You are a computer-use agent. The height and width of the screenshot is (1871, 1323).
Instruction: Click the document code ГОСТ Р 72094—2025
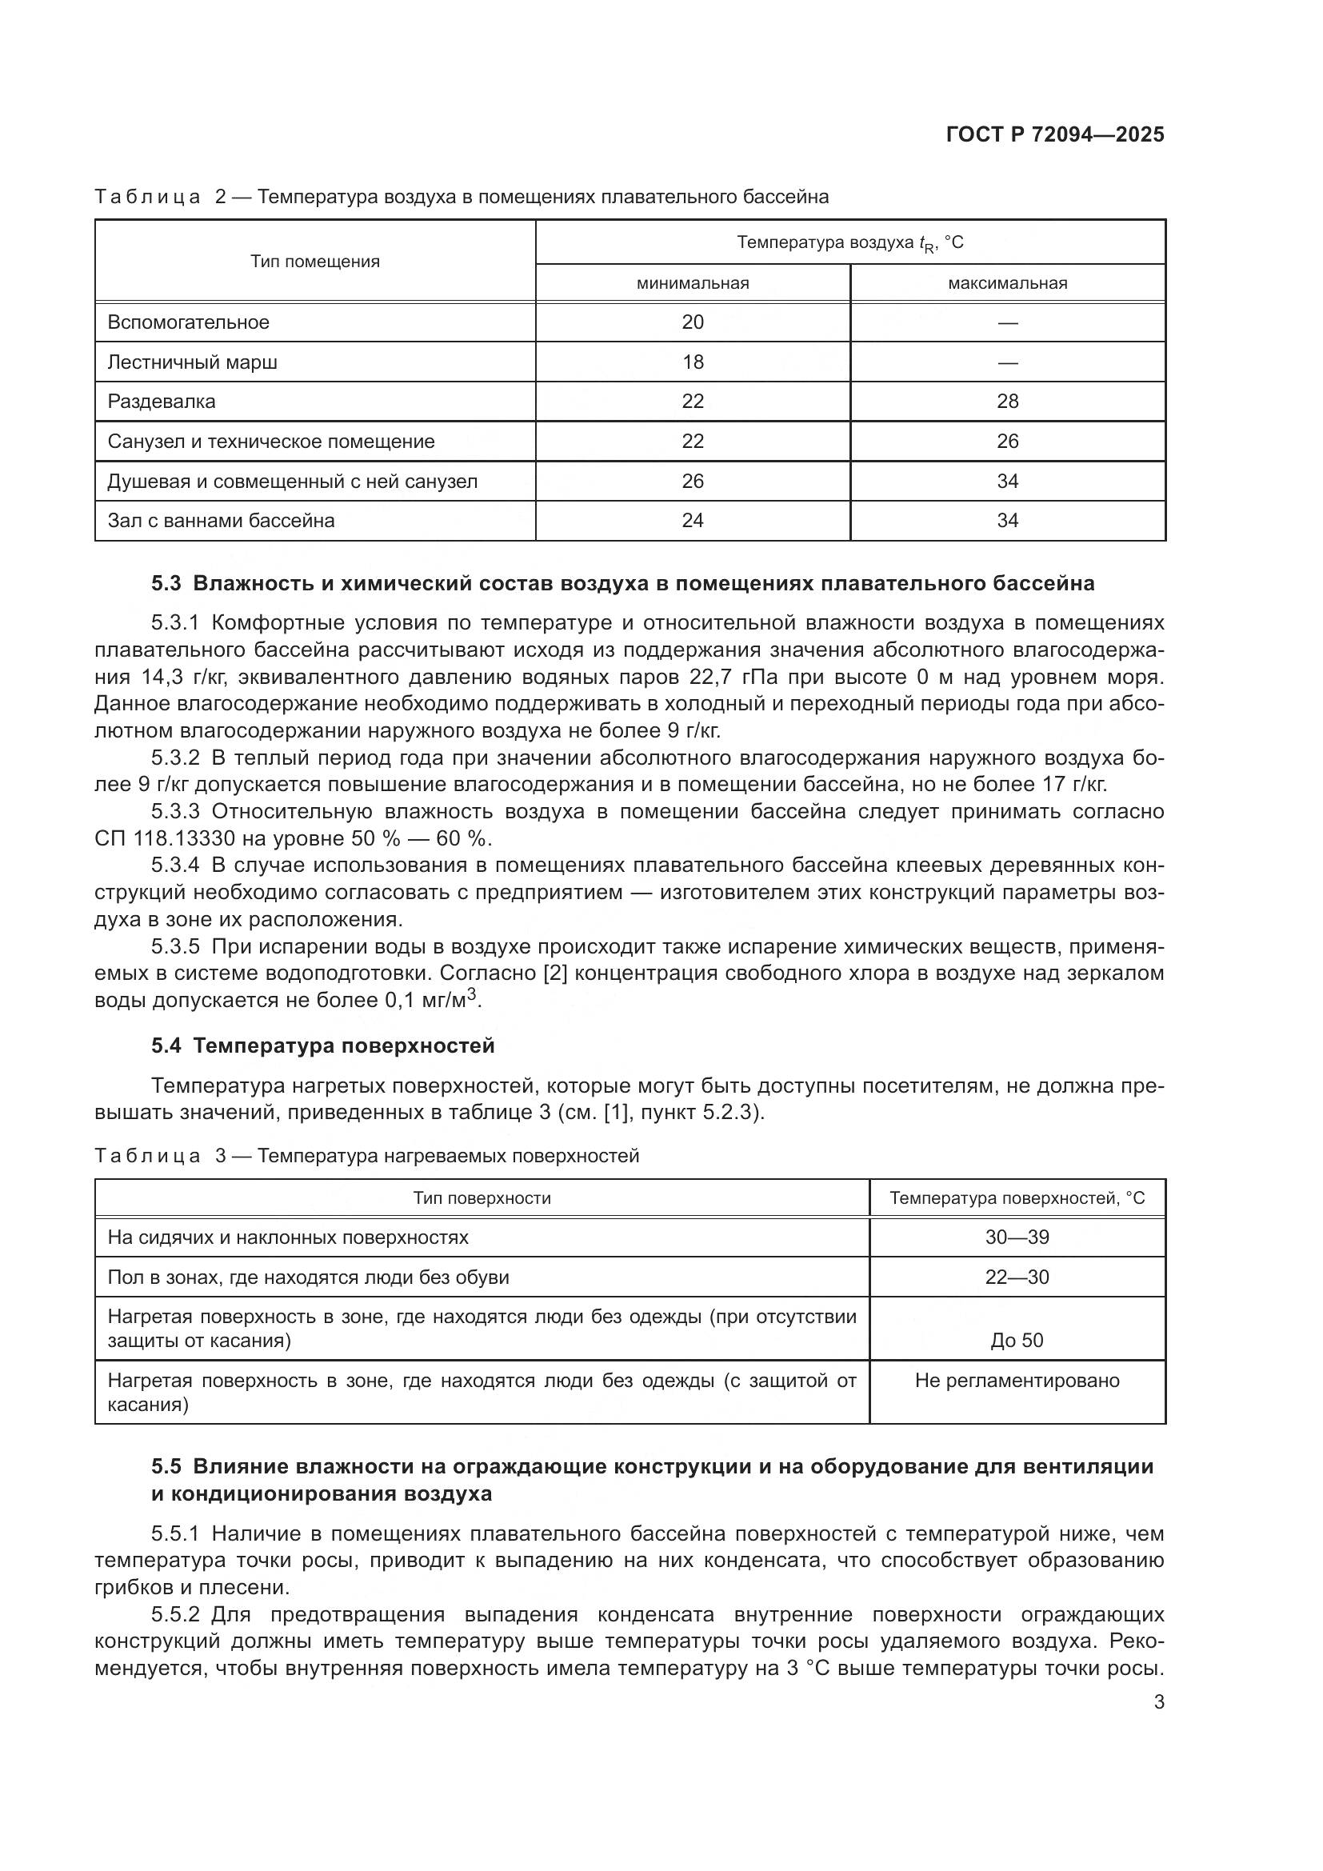tap(1055, 134)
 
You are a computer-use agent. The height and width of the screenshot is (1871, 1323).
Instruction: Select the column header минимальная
tap(693, 284)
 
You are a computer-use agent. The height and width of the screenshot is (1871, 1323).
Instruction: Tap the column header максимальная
tap(1007, 284)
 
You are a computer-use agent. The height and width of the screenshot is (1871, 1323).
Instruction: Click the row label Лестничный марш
tap(192, 362)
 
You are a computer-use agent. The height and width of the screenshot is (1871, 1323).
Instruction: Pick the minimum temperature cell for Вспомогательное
tap(693, 322)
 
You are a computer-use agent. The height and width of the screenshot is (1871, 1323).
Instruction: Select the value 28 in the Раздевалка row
tap(1007, 401)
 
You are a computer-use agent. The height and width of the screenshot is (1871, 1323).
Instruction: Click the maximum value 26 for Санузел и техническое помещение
tap(1007, 441)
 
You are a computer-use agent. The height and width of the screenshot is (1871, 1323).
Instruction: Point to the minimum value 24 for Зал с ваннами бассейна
tap(693, 520)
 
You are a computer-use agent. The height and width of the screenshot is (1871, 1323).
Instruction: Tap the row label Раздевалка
tap(162, 401)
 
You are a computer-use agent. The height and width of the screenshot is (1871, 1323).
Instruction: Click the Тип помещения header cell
tap(314, 262)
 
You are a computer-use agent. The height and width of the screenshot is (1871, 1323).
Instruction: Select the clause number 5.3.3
tap(175, 812)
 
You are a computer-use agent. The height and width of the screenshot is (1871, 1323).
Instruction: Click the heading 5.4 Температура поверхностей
tap(322, 1045)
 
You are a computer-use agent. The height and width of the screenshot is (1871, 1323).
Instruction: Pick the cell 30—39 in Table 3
tap(1017, 1237)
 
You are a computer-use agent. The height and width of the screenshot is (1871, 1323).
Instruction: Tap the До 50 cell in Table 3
tap(1017, 1340)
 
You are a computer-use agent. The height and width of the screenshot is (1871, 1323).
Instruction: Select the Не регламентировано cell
tap(1017, 1381)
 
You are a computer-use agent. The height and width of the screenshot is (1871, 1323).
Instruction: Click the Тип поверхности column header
tap(482, 1198)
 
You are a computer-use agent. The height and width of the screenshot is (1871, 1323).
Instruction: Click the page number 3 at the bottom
tap(1158, 1702)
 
